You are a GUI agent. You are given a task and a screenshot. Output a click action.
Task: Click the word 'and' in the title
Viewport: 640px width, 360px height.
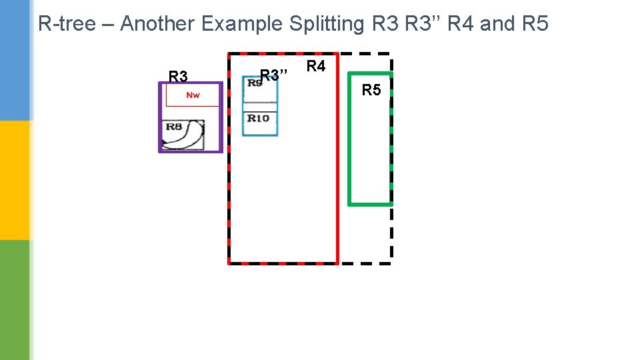point(493,24)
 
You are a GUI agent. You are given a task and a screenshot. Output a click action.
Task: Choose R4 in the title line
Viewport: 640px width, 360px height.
point(461,24)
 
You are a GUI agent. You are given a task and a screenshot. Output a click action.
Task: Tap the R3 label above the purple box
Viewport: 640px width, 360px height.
point(178,76)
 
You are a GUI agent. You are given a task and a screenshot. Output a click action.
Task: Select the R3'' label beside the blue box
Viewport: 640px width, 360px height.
point(273,74)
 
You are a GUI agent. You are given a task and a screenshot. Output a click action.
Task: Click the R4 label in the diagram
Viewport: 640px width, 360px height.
point(316,66)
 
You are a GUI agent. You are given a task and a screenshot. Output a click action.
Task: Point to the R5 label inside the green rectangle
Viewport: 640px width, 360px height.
point(371,90)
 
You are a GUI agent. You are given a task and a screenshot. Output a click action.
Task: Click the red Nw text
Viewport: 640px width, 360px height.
point(193,95)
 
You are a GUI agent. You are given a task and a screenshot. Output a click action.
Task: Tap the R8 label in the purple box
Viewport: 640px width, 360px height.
point(174,127)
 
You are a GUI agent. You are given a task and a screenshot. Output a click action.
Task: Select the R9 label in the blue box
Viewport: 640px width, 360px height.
point(254,83)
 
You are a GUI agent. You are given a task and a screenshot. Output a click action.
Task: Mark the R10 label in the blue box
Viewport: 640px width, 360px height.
point(258,118)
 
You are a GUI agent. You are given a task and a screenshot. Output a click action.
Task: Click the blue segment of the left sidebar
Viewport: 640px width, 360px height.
point(15,60)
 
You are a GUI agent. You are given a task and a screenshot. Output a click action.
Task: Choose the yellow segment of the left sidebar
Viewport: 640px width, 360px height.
point(15,180)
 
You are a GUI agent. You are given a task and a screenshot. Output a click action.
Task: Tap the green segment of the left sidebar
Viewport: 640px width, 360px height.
point(15,300)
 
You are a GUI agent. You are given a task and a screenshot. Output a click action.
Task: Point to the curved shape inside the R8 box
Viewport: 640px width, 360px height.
point(193,135)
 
